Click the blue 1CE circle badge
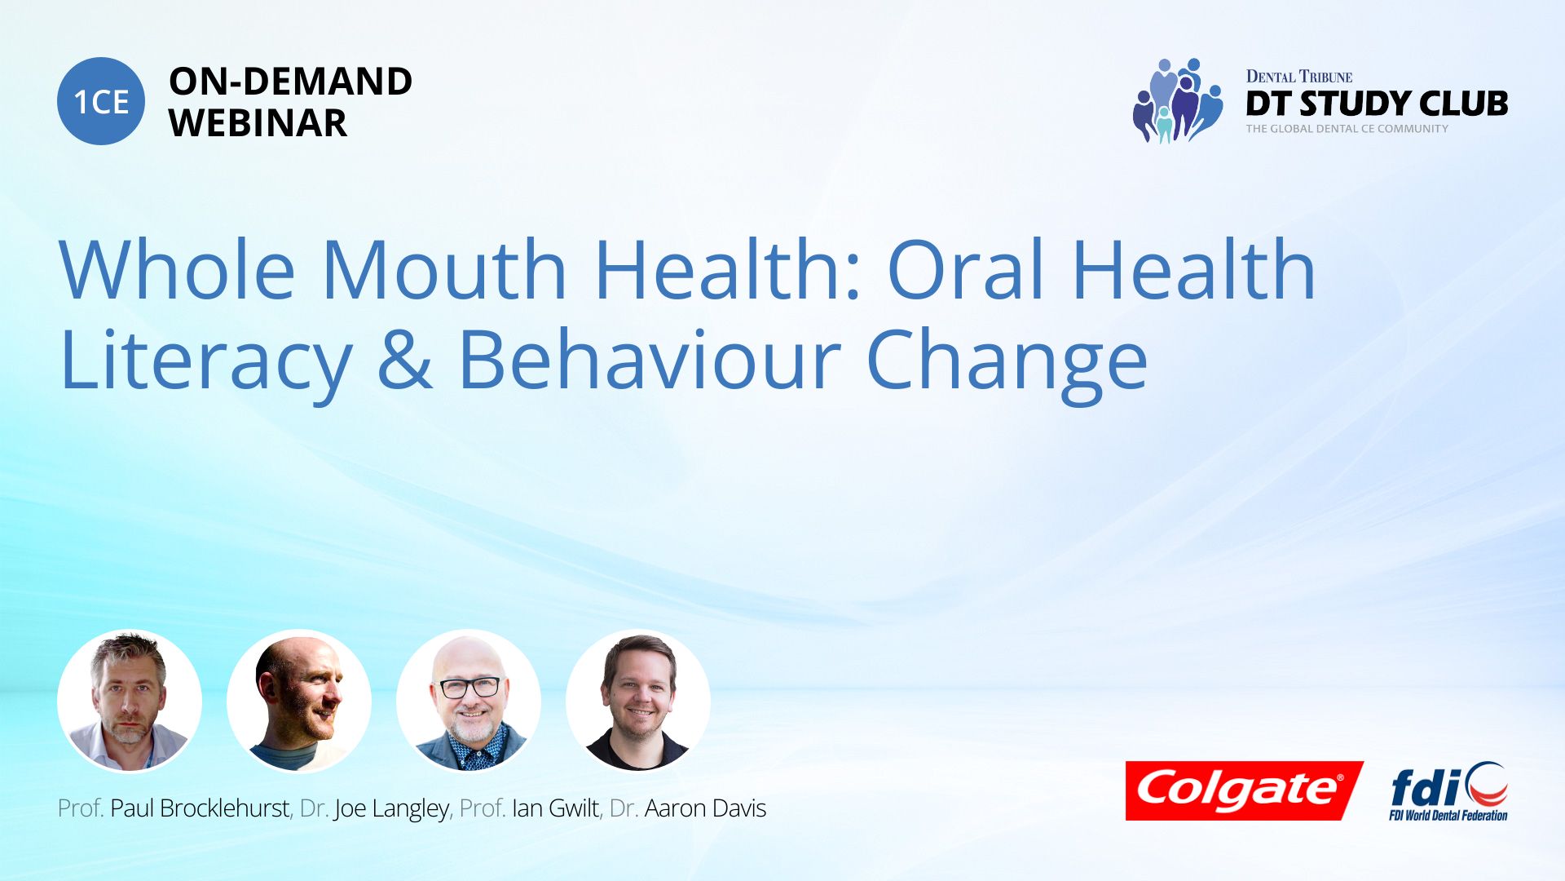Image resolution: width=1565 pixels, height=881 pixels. (101, 101)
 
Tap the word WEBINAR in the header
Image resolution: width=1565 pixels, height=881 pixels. (258, 123)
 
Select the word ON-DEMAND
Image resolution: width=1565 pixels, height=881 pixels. (291, 82)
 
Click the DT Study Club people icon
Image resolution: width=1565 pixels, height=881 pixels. (1177, 100)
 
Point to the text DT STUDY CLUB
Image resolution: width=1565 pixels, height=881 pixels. (1377, 104)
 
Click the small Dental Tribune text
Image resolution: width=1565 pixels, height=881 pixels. (1299, 77)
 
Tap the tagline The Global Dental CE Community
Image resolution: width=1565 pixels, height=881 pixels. (1347, 129)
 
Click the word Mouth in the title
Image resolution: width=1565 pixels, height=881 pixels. (444, 269)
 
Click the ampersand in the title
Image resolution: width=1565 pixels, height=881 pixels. (405, 360)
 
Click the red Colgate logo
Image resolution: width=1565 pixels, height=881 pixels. (1244, 790)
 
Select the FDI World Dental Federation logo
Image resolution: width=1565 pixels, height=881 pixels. (1448, 791)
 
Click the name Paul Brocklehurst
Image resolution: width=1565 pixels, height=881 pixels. (200, 808)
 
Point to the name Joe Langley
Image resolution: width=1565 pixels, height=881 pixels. (391, 809)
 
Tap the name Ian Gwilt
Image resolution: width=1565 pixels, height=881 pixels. (555, 808)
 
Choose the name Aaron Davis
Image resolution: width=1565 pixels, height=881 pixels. (705, 808)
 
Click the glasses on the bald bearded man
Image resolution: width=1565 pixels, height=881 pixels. (469, 688)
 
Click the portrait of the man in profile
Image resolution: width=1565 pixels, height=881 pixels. (299, 702)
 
